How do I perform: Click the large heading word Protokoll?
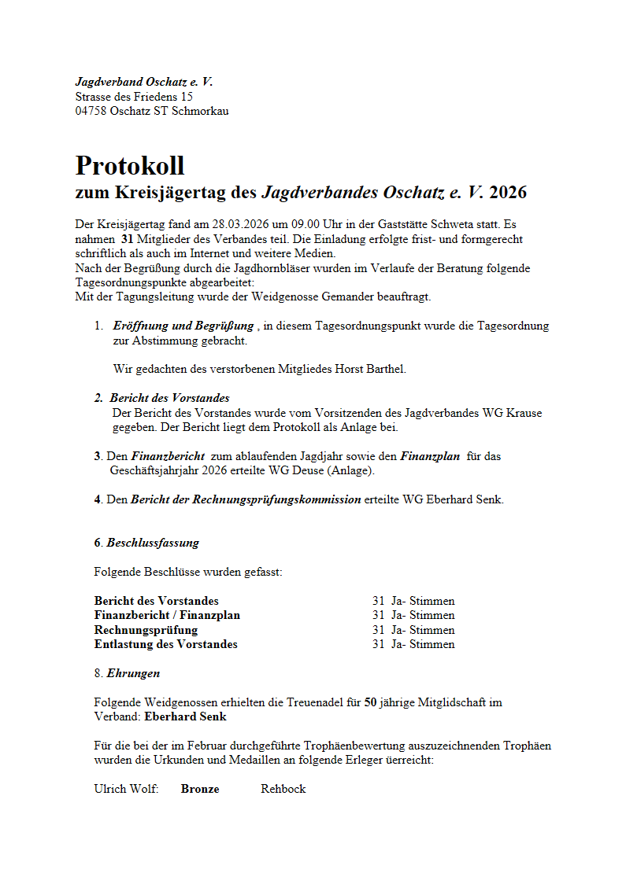130,166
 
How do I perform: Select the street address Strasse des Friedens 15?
134,97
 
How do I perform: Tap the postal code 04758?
91,111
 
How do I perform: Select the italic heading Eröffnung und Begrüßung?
183,326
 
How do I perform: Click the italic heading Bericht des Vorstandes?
169,398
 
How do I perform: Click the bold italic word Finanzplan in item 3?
430,456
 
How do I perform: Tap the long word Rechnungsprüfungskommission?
246,499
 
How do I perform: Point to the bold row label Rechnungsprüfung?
146,630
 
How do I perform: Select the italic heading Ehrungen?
133,673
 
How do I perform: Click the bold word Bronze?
200,789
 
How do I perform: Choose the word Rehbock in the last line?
283,789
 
